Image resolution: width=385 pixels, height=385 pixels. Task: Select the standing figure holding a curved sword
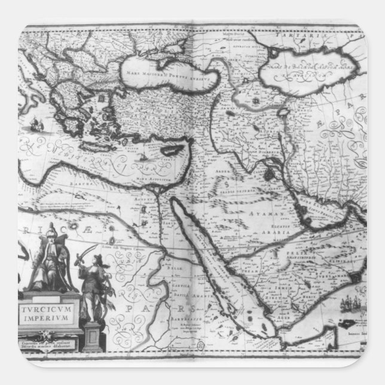click(93, 281)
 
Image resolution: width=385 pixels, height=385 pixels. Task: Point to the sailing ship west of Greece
click(37, 125)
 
